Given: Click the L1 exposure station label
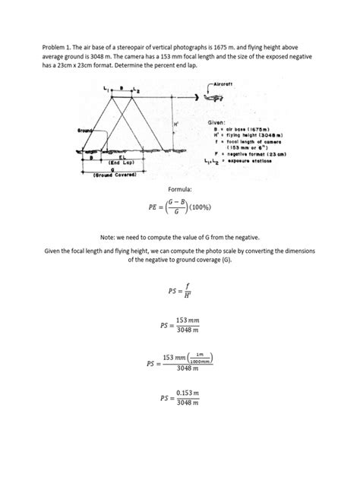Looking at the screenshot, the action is pyautogui.click(x=106, y=90).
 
